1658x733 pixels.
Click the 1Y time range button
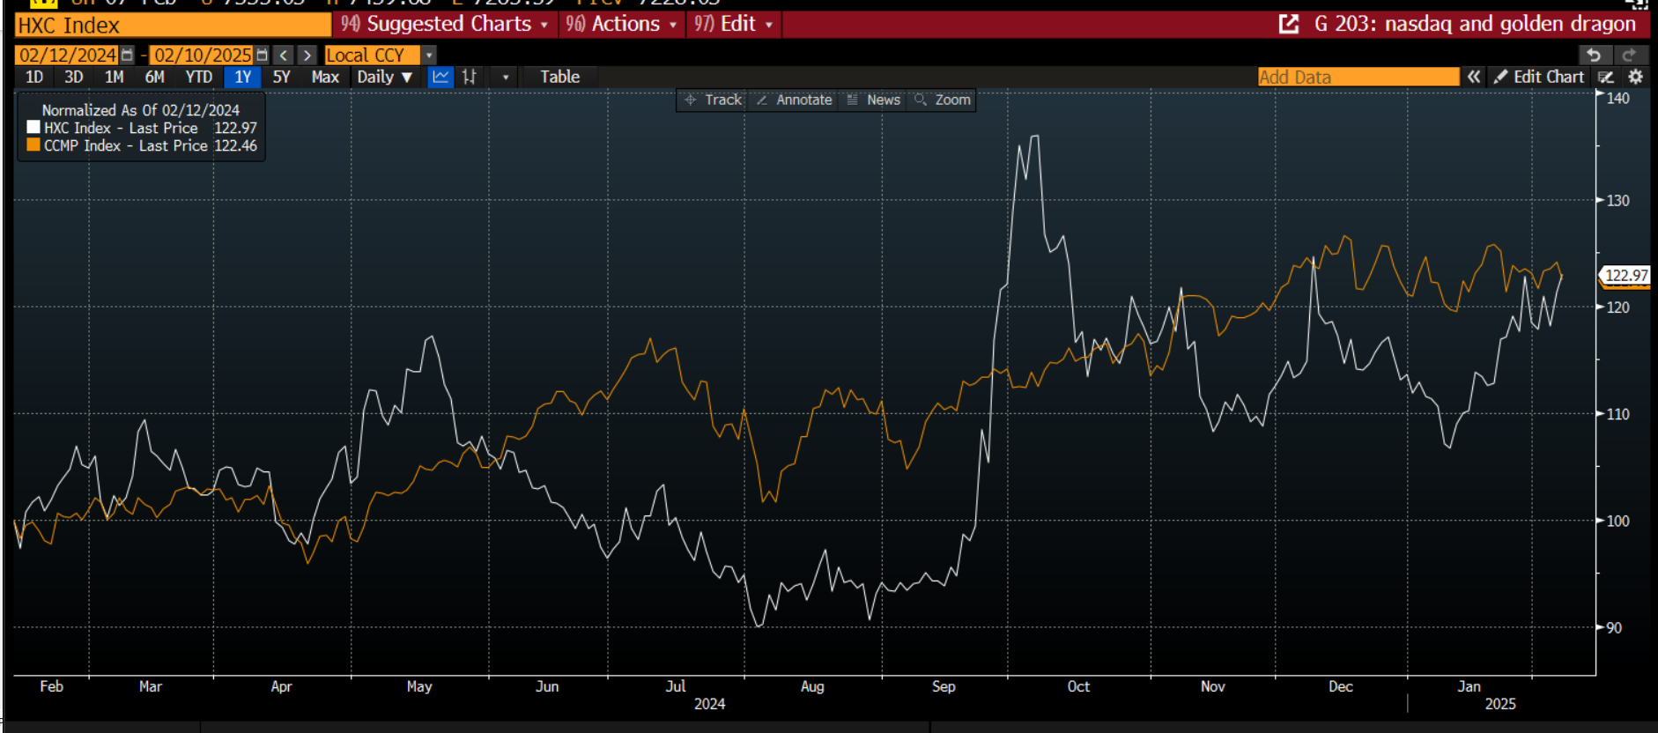click(242, 77)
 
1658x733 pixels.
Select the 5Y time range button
click(281, 77)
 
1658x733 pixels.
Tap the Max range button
click(325, 77)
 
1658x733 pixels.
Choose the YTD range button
click(199, 77)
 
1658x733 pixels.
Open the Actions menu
click(623, 24)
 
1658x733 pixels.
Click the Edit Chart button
click(1539, 77)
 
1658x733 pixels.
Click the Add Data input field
click(1358, 77)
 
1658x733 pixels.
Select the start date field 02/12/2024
click(68, 55)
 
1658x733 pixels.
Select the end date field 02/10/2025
click(203, 55)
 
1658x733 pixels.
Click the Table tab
click(559, 77)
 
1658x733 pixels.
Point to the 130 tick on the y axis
click(1617, 200)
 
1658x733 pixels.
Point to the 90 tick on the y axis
click(1614, 627)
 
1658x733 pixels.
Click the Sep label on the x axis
click(944, 686)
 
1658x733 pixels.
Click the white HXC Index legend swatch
click(33, 128)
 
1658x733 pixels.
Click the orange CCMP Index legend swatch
click(33, 145)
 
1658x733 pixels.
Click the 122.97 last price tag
click(1625, 276)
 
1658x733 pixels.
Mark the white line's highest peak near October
click(1035, 137)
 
